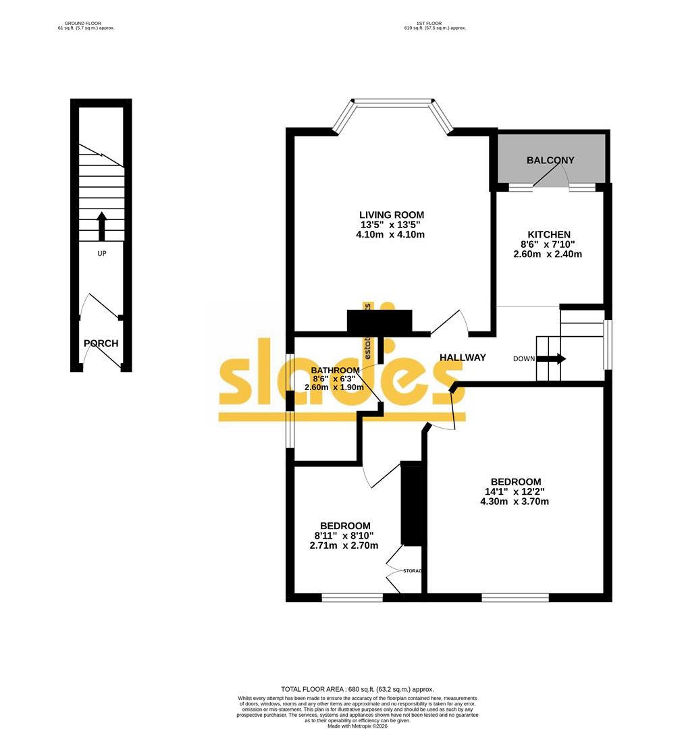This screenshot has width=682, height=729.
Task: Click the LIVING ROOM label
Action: (391, 215)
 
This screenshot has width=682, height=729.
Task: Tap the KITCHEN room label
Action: (548, 234)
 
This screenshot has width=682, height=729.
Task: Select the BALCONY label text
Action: (550, 161)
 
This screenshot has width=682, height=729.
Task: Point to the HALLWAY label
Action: (463, 358)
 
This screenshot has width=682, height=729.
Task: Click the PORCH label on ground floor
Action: (101, 344)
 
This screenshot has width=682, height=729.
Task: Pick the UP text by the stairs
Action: (101, 253)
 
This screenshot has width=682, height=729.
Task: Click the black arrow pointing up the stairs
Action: (101, 226)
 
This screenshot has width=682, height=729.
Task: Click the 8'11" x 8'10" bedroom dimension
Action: (344, 536)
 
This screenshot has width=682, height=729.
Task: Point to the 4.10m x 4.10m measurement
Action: (391, 235)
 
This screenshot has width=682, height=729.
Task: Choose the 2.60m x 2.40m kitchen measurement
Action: (548, 254)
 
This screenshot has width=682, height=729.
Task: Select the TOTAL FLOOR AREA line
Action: (357, 688)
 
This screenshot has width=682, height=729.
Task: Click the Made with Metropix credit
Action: (357, 726)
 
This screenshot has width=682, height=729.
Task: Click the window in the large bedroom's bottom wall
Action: (515, 597)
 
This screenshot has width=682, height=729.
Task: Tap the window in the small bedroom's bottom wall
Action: (352, 597)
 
